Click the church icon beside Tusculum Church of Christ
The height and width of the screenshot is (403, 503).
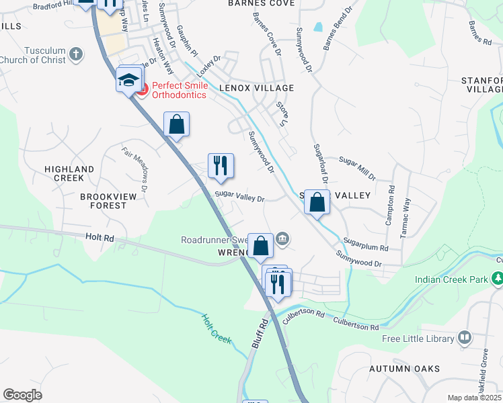click(x=76, y=53)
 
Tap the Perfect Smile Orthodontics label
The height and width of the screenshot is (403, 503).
click(x=179, y=90)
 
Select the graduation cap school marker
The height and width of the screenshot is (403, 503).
click(x=128, y=81)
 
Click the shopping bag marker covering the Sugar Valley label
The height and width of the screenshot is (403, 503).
click(x=317, y=201)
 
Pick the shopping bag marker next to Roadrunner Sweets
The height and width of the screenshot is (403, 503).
click(x=260, y=246)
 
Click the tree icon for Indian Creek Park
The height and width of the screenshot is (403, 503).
click(x=497, y=278)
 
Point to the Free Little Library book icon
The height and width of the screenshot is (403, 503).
click(x=463, y=337)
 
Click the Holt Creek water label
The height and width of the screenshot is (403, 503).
click(x=215, y=329)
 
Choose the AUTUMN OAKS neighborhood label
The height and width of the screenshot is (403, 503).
click(x=404, y=369)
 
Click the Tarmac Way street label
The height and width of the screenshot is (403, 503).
click(x=406, y=214)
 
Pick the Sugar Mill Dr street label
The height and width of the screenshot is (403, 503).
click(x=357, y=168)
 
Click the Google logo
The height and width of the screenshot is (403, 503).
click(x=23, y=394)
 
